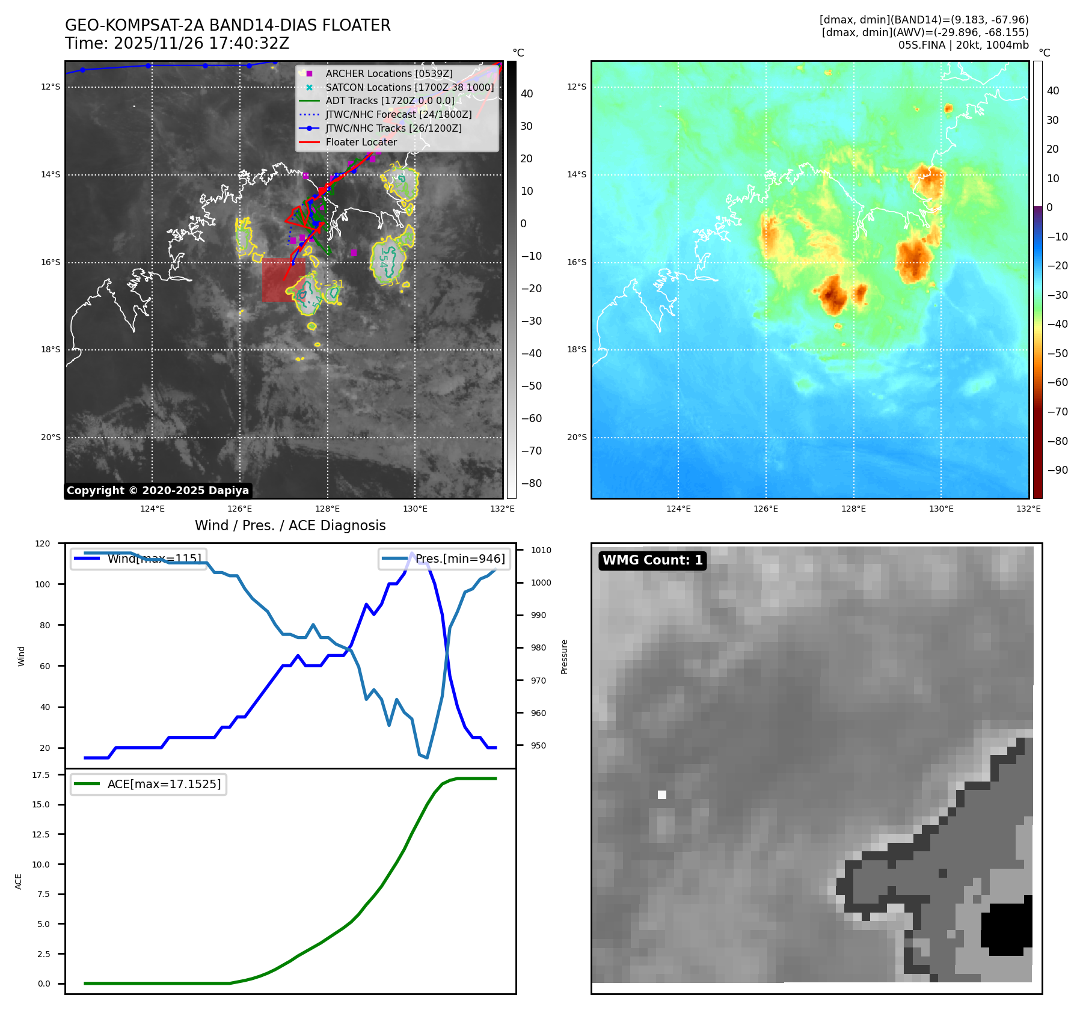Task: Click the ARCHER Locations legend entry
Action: click(389, 73)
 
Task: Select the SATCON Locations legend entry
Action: click(410, 87)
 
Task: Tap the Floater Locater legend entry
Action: click(361, 142)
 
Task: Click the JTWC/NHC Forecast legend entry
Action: click(398, 114)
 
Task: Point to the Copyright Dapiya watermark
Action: click(158, 491)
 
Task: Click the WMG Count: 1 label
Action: click(652, 560)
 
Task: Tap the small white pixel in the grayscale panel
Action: click(662, 795)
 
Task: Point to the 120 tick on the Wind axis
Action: click(43, 543)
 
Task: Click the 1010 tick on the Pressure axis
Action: click(541, 550)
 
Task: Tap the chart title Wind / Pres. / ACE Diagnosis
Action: click(290, 525)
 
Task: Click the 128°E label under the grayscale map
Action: click(328, 509)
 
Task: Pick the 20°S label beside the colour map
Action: click(577, 437)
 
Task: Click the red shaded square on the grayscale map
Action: click(283, 280)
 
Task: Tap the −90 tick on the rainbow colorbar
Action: click(1057, 470)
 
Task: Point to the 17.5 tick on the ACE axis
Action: click(41, 775)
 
